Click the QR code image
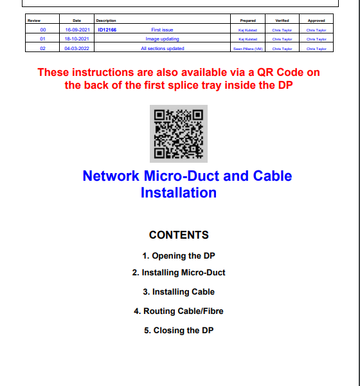tap(179, 134)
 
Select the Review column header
tap(34, 21)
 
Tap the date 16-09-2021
tap(78, 30)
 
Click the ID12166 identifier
tap(107, 30)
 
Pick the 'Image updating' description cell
tap(162, 39)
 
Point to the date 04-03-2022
tap(76, 48)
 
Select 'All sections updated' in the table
tap(163, 48)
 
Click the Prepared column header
tap(248, 21)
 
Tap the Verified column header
tap(282, 21)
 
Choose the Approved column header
tap(316, 21)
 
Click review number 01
tap(42, 39)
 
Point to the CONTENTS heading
tap(179, 235)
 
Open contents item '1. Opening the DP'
tap(179, 256)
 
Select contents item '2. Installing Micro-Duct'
tap(179, 273)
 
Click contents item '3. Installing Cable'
tap(179, 291)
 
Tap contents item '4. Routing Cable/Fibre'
tap(179, 311)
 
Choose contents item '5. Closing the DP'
tap(179, 330)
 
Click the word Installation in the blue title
tap(179, 192)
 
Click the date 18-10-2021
tap(76, 39)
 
